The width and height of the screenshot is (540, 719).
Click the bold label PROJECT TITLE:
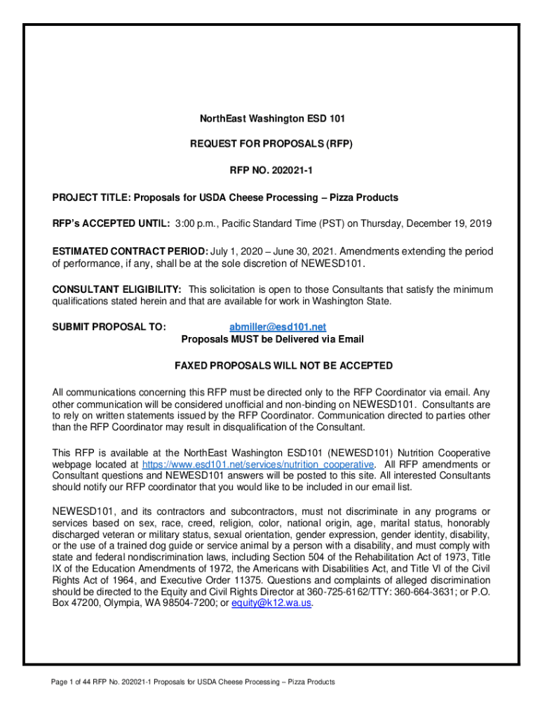(92, 197)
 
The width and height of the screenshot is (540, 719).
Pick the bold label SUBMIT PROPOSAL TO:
(109, 327)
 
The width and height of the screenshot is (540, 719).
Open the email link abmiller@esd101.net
(278, 327)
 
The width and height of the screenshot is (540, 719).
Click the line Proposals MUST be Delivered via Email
(272, 340)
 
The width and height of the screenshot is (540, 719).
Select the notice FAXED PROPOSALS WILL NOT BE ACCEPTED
(283, 366)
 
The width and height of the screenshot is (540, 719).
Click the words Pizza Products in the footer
(314, 682)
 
